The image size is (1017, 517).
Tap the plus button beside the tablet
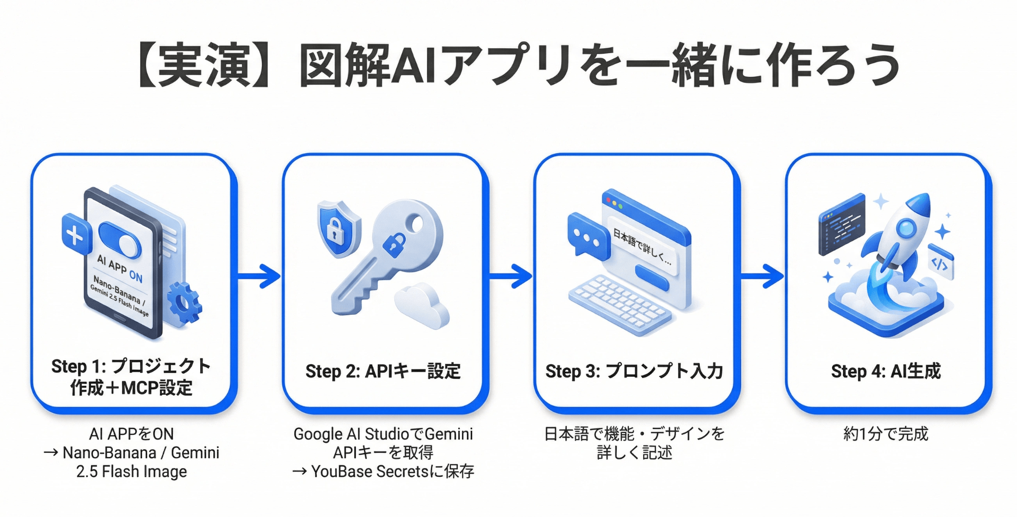(x=76, y=235)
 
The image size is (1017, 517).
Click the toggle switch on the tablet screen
(x=120, y=240)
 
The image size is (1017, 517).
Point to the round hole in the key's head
(x=416, y=225)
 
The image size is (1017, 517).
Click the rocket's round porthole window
(x=906, y=228)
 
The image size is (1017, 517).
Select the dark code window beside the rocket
(x=841, y=225)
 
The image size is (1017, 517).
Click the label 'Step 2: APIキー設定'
(x=383, y=371)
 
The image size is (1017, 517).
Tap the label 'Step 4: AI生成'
(x=886, y=371)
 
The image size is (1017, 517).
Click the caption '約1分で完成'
(x=886, y=434)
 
